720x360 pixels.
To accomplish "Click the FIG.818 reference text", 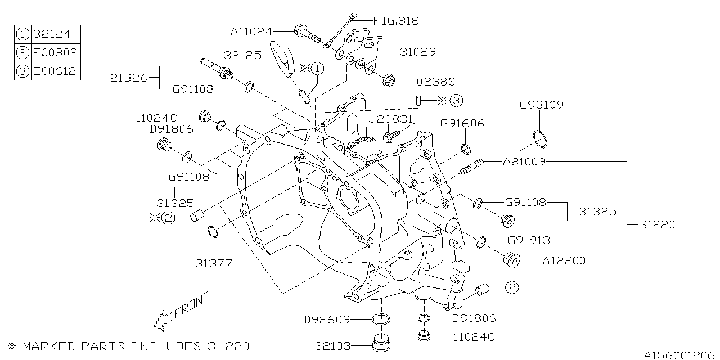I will click(397, 21).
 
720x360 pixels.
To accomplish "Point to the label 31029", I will click(417, 52).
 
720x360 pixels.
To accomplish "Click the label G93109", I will click(541, 105).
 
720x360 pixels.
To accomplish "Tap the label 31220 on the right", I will click(657, 224).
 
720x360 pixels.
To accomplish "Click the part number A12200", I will click(564, 260).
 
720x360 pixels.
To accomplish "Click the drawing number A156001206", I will click(680, 355).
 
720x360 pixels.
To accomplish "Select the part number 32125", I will click(242, 56).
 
